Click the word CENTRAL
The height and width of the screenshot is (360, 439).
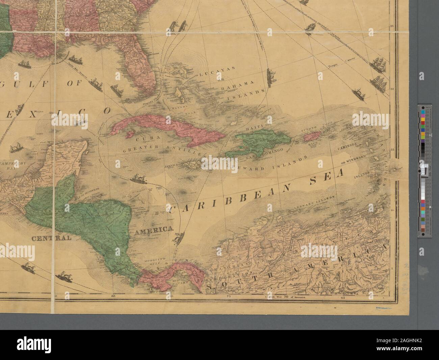click(52, 238)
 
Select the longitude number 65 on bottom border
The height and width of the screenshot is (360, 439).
click(343, 298)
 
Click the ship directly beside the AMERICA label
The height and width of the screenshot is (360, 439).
click(179, 237)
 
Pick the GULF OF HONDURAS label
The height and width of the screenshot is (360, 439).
click(88, 188)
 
